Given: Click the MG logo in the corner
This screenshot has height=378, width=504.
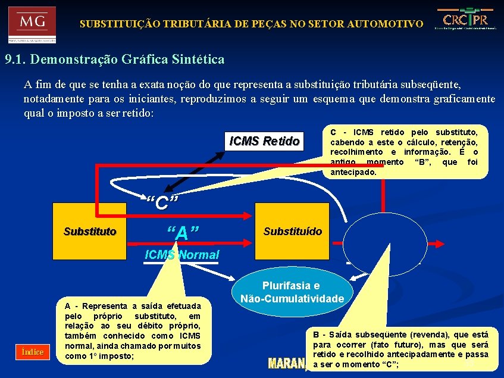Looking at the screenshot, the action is tap(32, 24).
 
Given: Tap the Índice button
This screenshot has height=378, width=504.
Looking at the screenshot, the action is tap(33, 352).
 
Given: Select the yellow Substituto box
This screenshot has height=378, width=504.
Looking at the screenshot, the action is tap(90, 232).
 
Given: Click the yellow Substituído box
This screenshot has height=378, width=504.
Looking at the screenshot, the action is tap(292, 231).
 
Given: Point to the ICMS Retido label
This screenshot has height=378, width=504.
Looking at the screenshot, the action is tap(265, 141).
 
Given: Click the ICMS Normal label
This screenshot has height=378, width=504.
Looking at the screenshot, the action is tap(182, 255).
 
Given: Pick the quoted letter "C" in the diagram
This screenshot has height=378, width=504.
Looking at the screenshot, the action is tap(162, 203).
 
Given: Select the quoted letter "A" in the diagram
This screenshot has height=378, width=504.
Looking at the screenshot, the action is tap(182, 233).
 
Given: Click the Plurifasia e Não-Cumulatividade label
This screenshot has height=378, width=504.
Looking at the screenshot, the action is tap(292, 292).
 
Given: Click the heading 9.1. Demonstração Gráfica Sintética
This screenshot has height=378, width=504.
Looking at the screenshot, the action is tap(115, 60).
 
